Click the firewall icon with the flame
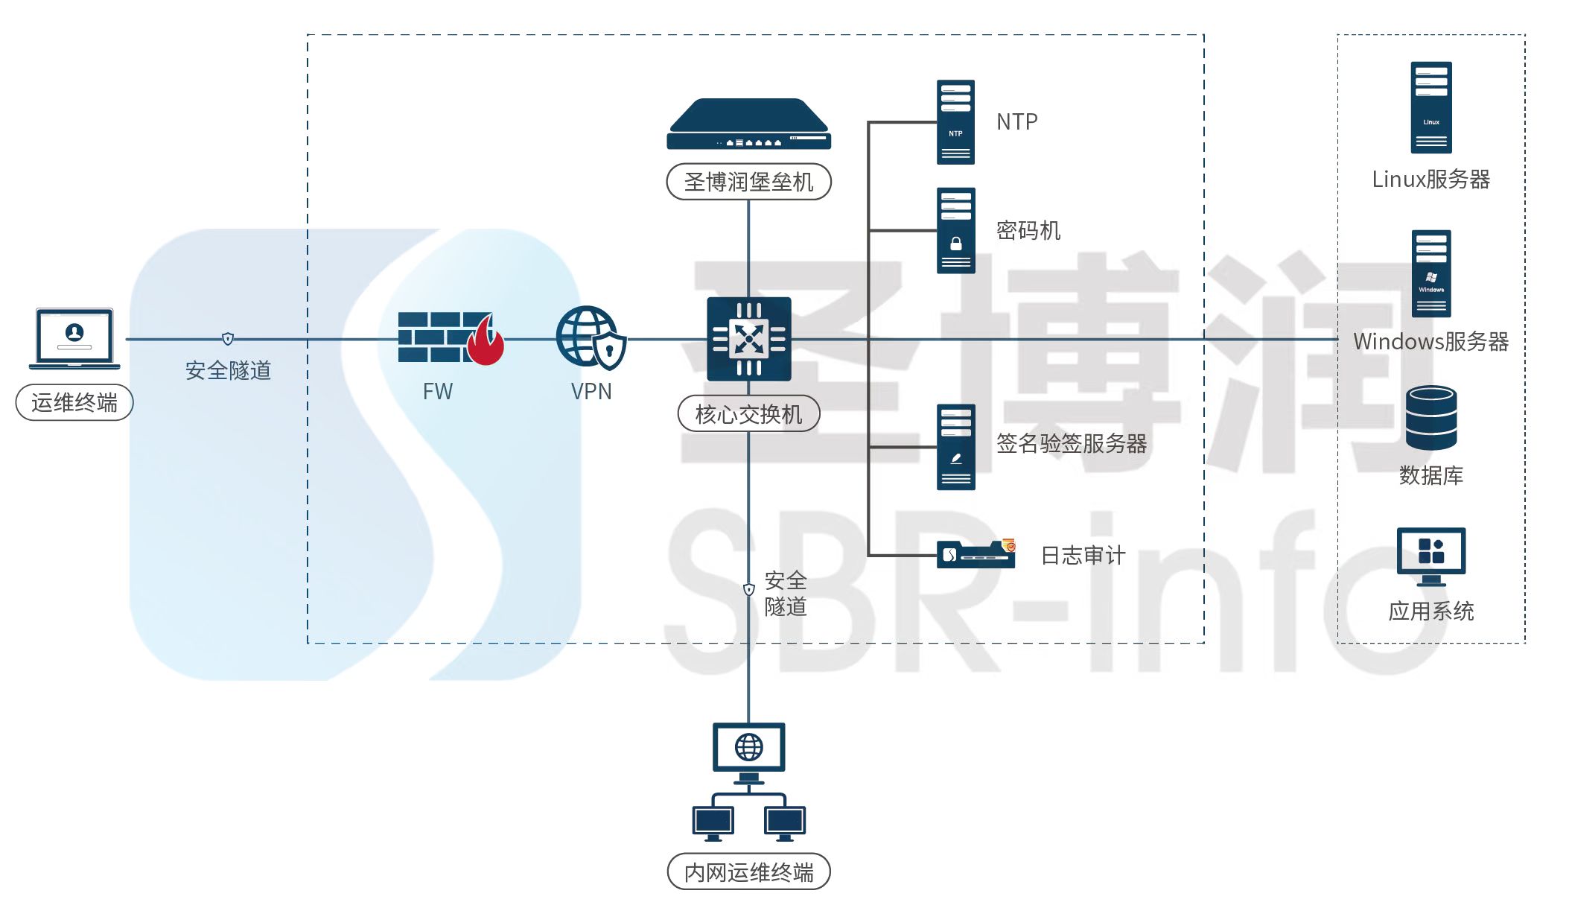click(x=450, y=337)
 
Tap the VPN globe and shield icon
click(x=591, y=337)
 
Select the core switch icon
click(x=748, y=339)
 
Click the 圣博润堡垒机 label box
click(x=748, y=182)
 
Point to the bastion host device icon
click(x=748, y=124)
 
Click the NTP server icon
click(x=955, y=122)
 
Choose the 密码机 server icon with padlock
click(x=955, y=231)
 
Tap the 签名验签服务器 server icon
click(x=955, y=447)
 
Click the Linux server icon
click(x=1430, y=107)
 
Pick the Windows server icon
click(x=1430, y=273)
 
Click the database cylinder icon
click(x=1430, y=417)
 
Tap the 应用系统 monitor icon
click(x=1430, y=556)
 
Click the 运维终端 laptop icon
click(x=74, y=338)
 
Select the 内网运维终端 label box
click(x=748, y=872)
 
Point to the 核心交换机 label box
click(x=748, y=413)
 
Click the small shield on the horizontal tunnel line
click(x=228, y=339)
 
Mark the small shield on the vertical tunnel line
click(x=749, y=589)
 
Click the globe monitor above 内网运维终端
click(x=748, y=749)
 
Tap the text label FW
click(x=437, y=391)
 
